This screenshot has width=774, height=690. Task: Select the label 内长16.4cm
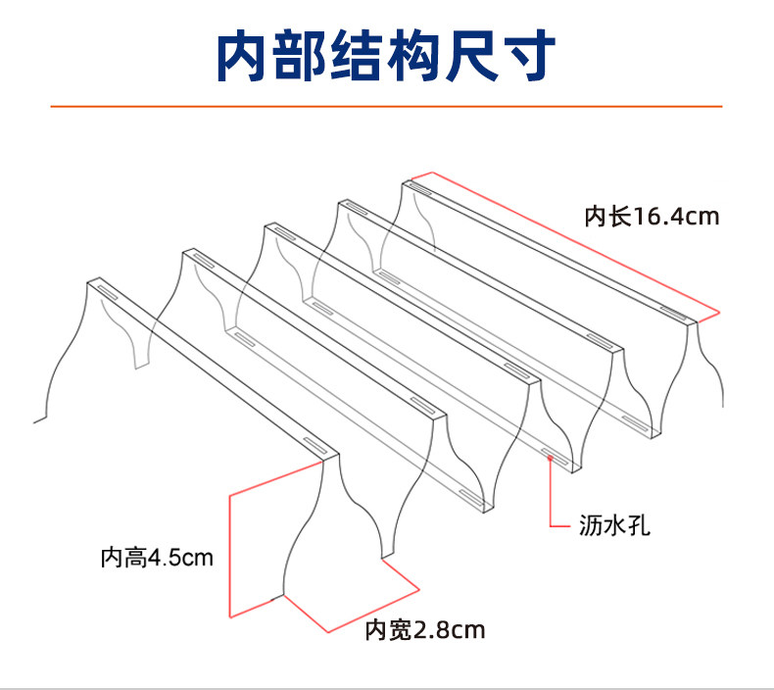pos(652,216)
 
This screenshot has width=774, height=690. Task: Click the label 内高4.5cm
pos(157,559)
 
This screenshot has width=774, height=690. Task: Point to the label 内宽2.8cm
pos(424,629)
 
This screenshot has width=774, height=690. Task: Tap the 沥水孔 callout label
pos(613,525)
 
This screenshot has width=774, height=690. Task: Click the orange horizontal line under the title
pos(386,105)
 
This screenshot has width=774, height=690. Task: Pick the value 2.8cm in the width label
pos(450,629)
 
